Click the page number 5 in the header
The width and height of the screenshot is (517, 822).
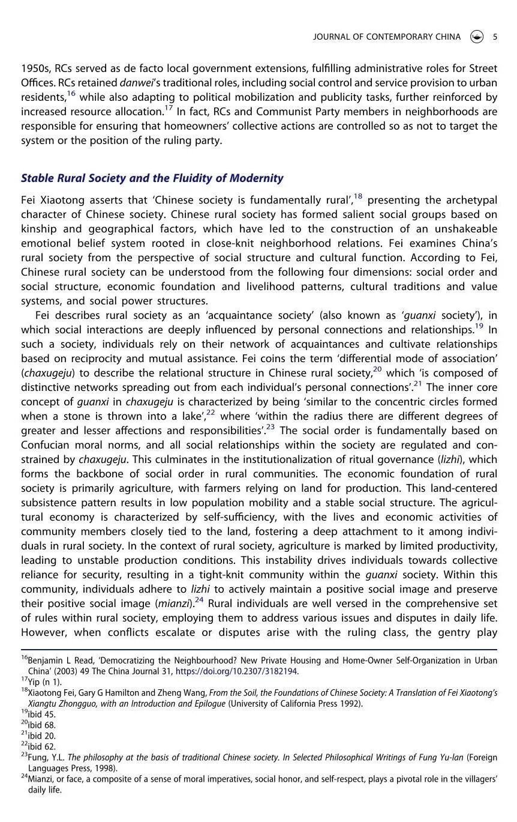[x=495, y=37]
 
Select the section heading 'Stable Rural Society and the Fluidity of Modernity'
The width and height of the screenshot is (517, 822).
[x=152, y=178]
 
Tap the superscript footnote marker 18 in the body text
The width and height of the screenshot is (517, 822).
[x=357, y=196]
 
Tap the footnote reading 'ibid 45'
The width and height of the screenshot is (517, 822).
[x=41, y=715]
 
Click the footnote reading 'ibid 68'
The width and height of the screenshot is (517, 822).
[x=41, y=725]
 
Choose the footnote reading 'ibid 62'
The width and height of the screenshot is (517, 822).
[x=41, y=747]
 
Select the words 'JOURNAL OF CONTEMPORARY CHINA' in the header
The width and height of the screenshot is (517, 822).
[x=387, y=37]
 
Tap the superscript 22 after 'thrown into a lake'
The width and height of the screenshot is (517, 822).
[x=211, y=413]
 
